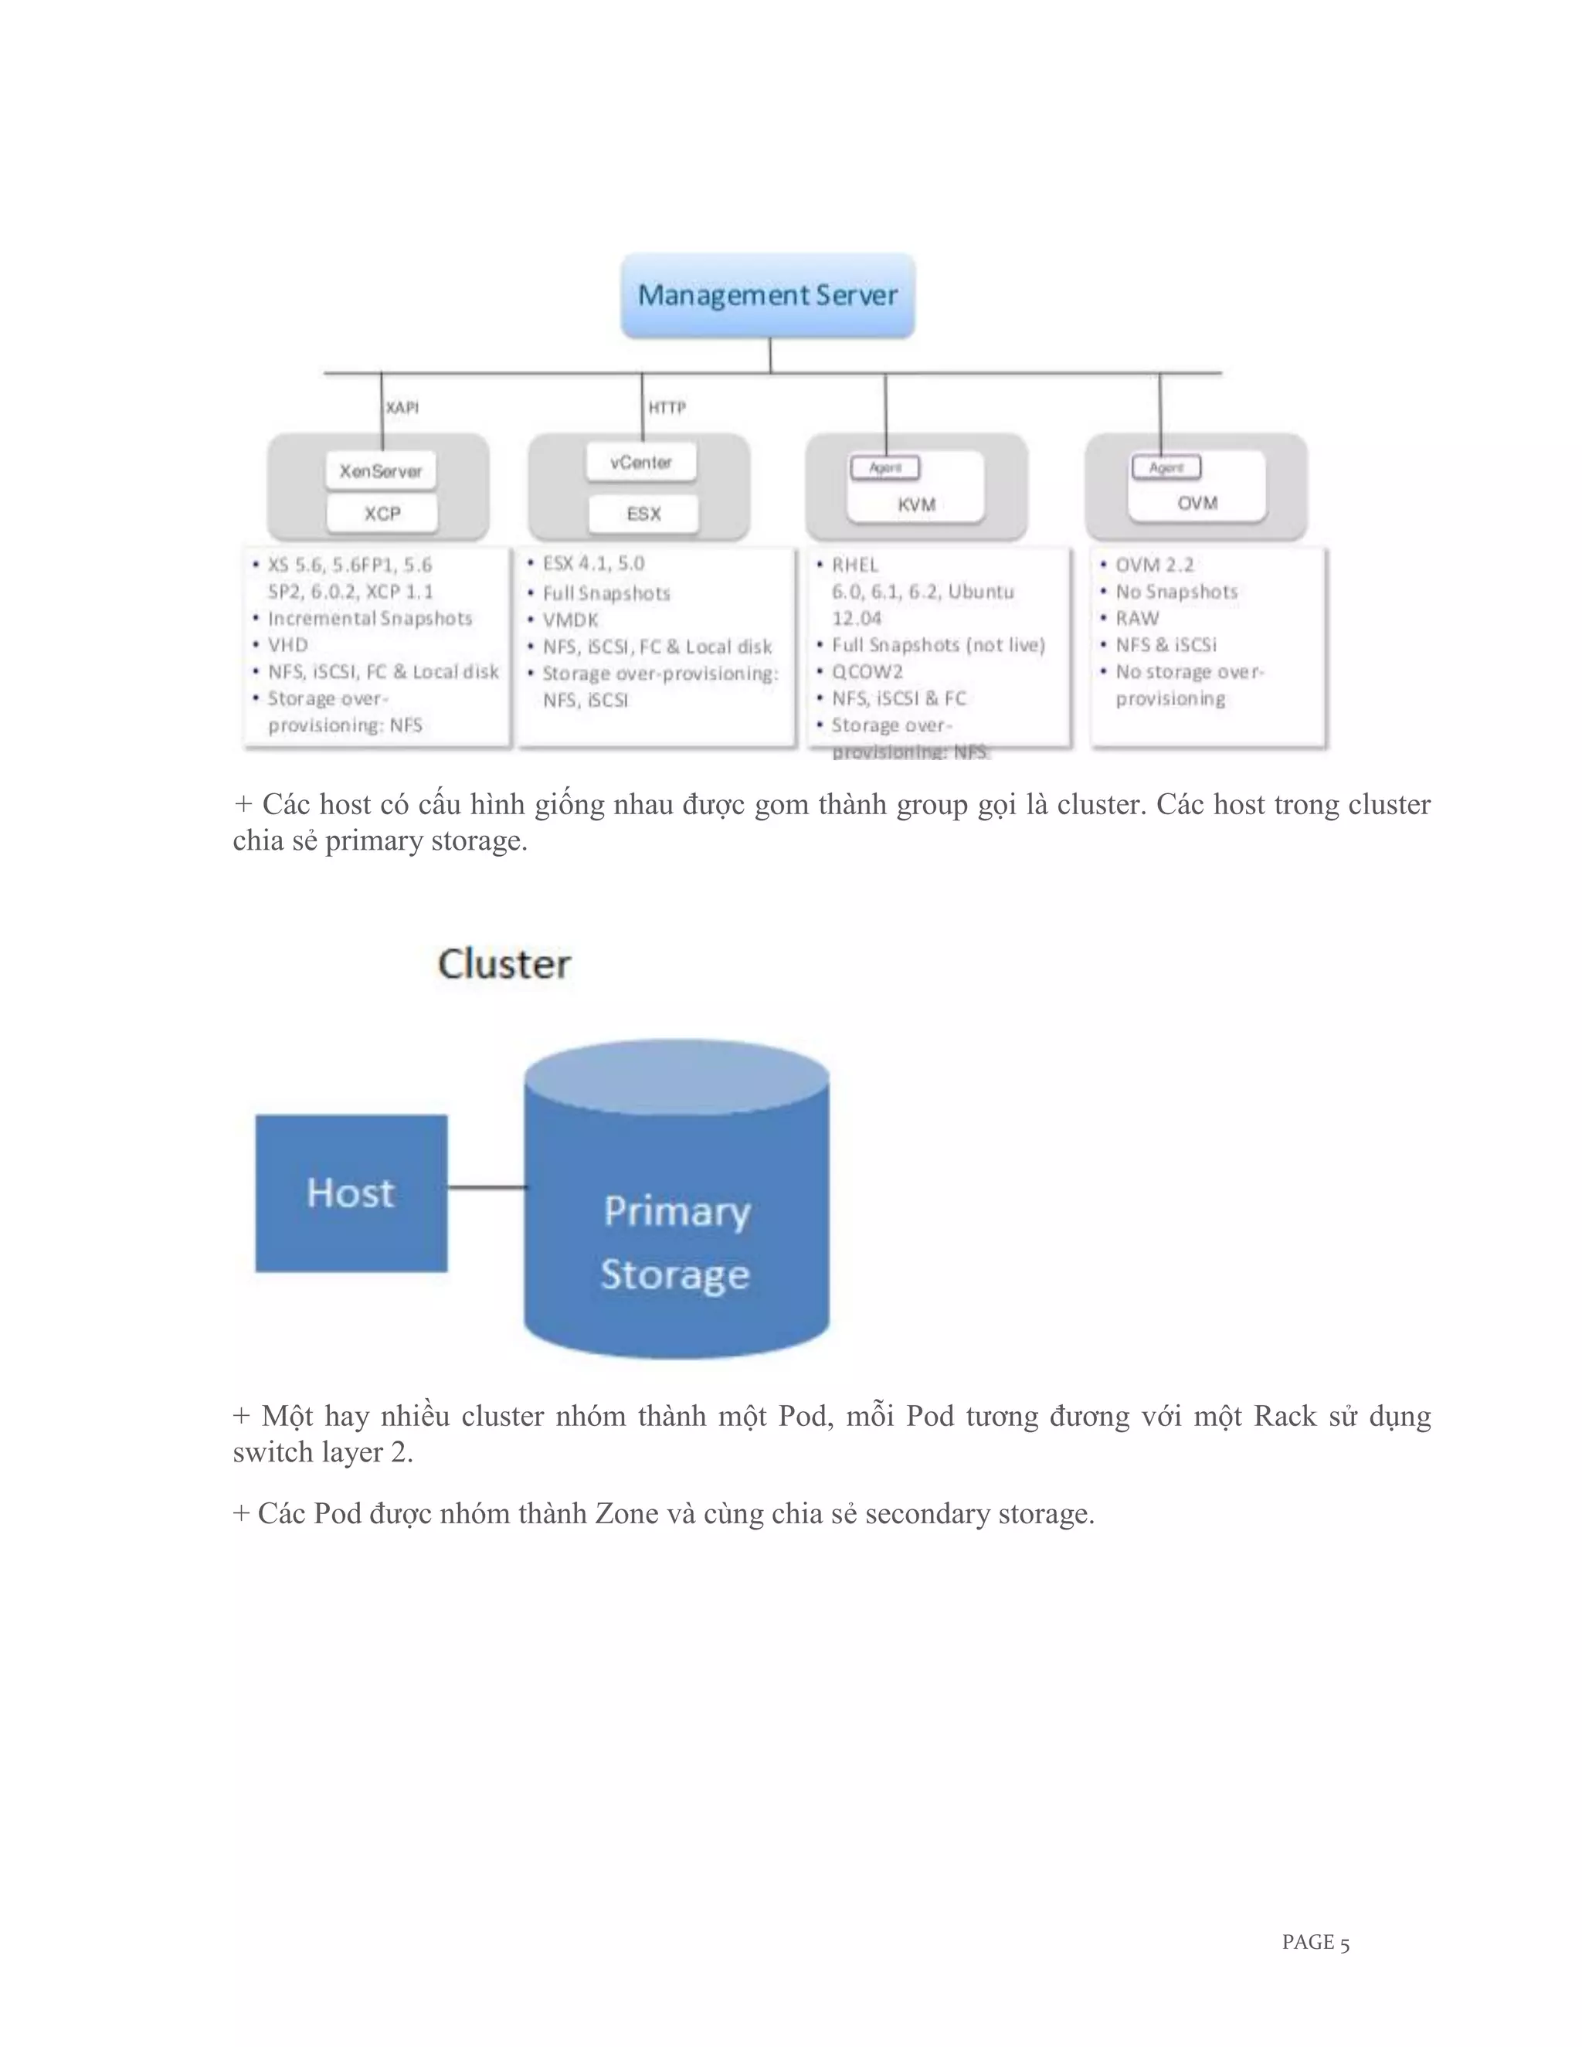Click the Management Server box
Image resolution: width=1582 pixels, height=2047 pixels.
[x=768, y=295]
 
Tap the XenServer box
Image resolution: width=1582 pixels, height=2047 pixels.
[x=381, y=470]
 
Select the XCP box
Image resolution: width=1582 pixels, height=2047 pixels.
[x=382, y=514]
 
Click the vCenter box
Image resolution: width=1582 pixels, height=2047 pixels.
[x=641, y=462]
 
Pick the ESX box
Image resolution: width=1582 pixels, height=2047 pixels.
[x=643, y=514]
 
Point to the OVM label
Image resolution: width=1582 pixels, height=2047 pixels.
[x=1197, y=504]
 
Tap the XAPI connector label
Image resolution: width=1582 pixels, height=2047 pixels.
[x=402, y=408]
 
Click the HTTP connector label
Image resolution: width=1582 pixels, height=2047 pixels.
[x=667, y=408]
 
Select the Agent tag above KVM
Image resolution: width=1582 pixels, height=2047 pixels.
[x=884, y=467]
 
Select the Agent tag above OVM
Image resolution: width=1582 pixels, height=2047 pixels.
[x=1166, y=467]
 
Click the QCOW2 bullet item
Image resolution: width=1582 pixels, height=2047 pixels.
[x=867, y=671]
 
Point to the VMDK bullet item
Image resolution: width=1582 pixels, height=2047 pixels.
[x=570, y=620]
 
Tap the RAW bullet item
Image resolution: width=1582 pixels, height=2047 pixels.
[x=1137, y=618]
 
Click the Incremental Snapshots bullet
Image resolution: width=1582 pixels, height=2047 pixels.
[x=369, y=618]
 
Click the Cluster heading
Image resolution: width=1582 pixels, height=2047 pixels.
[x=504, y=965]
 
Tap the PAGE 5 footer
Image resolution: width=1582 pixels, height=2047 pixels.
[x=1315, y=1943]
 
